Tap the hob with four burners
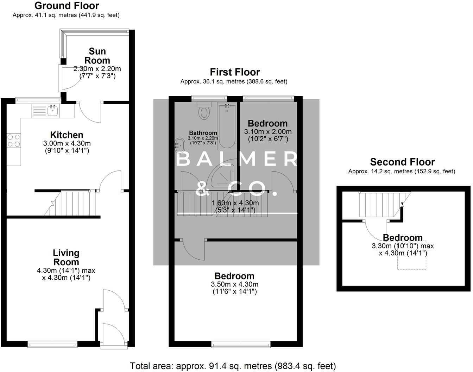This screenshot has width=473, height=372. [14, 140]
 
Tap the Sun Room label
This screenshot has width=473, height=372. [97, 56]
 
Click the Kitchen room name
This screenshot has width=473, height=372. [67, 135]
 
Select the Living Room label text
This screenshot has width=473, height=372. [66, 258]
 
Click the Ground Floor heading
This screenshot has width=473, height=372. [67, 6]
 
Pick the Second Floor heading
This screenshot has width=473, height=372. [402, 162]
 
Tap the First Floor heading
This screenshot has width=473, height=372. [235, 72]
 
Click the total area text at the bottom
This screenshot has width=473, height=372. [233, 366]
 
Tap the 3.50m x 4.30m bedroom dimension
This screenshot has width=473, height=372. [234, 284]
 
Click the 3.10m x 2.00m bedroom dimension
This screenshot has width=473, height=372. [268, 131]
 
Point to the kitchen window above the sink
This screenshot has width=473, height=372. [38, 100]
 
